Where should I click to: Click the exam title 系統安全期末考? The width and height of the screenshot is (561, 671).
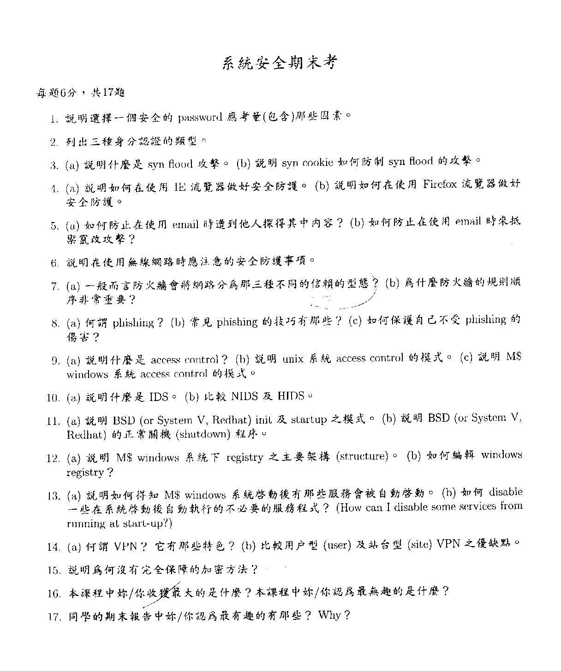coord(280,63)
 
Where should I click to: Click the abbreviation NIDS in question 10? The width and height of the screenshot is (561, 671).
coord(248,396)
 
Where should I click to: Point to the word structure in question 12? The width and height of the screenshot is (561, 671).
coord(362,456)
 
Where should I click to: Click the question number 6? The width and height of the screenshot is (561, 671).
coord(55,263)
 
